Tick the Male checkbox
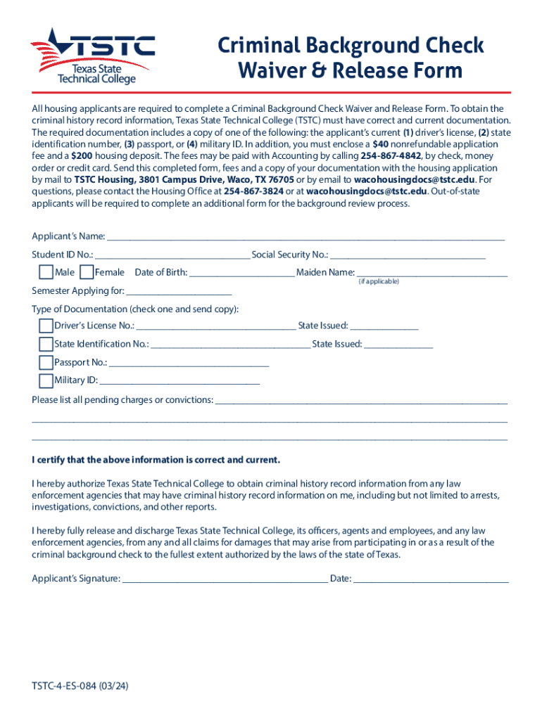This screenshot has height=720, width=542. pyautogui.click(x=46, y=272)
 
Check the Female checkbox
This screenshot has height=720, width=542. pyautogui.click(x=87, y=272)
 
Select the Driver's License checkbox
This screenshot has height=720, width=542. pyautogui.click(x=46, y=326)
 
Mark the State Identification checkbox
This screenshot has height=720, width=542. pyautogui.click(x=46, y=344)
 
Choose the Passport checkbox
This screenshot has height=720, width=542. pyautogui.click(x=46, y=362)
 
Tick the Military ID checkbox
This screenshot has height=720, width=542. pyautogui.click(x=46, y=380)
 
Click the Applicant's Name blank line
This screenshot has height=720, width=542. pyautogui.click(x=305, y=236)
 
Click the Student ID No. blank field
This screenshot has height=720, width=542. pyautogui.click(x=172, y=255)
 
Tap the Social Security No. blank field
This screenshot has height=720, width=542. pyautogui.click(x=408, y=255)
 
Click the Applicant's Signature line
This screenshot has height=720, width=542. pyautogui.click(x=225, y=580)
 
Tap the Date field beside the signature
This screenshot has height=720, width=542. pyautogui.click(x=431, y=580)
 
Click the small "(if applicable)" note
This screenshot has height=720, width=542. pyautogui.click(x=379, y=281)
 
